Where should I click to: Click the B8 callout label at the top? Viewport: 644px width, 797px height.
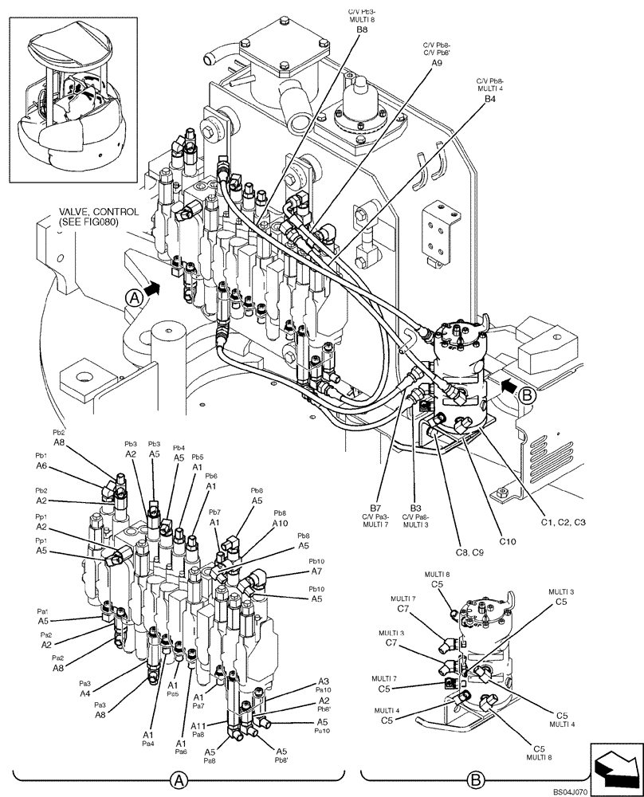362,29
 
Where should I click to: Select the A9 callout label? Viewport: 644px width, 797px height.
437,62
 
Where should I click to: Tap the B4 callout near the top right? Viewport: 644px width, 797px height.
490,100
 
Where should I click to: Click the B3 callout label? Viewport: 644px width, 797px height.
415,507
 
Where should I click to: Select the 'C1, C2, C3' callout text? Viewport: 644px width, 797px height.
563,522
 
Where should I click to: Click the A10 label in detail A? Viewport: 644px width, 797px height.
280,524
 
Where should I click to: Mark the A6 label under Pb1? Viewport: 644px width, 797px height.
41,466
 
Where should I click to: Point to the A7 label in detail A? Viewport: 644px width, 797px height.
316,571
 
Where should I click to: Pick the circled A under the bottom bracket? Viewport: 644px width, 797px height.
180,777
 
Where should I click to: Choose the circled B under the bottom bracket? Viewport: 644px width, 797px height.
474,777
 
